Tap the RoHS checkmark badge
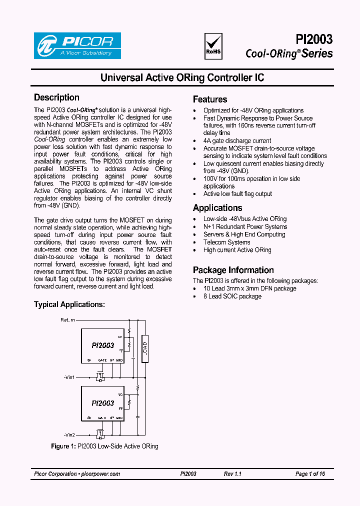[x=213, y=45]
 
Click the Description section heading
[x=56, y=97]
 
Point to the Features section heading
[x=210, y=99]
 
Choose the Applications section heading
[x=217, y=208]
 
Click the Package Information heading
[x=233, y=270]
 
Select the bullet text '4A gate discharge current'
[x=237, y=141]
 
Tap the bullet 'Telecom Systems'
[x=226, y=242]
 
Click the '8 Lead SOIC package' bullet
[x=232, y=296]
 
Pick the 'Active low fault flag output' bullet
[x=237, y=194]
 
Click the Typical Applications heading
[x=69, y=304]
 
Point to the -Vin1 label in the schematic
[x=69, y=377]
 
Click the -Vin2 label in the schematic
[x=69, y=434]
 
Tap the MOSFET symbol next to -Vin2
[x=100, y=433]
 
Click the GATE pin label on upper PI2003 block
[x=102, y=360]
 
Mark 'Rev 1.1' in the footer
[x=232, y=474]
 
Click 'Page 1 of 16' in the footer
[x=310, y=474]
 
